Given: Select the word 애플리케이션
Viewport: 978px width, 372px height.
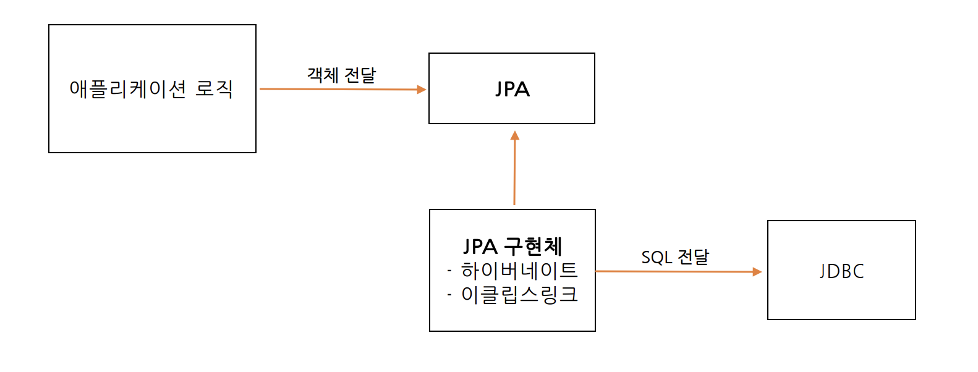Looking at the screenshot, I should [x=128, y=90].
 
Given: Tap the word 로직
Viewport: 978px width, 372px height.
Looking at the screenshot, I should [x=214, y=89].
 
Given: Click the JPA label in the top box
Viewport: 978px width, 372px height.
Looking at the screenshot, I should [x=512, y=89].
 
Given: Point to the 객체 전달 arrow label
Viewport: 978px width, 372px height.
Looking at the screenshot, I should [x=342, y=75].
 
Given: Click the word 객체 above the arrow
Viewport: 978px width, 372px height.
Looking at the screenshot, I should [x=323, y=75].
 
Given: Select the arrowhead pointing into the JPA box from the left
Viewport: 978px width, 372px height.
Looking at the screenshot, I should [x=422, y=90].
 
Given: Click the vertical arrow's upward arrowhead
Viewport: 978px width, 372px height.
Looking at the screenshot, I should [x=515, y=135].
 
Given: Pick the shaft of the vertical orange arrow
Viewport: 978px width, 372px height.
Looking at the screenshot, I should [x=514, y=173].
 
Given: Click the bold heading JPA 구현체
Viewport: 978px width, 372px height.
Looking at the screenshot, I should [x=512, y=247].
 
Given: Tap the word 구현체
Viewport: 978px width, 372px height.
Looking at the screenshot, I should [x=533, y=247].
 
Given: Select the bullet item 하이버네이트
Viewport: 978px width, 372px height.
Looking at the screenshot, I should [x=519, y=271].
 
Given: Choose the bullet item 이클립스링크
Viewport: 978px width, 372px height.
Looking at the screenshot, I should [x=519, y=295].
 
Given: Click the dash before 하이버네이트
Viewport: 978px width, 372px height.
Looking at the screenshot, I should [x=449, y=271].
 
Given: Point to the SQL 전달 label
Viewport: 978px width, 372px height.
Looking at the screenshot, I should [x=675, y=257].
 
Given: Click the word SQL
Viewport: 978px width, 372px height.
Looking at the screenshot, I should [x=656, y=257].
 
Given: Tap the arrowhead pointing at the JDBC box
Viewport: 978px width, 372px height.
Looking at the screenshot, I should [x=757, y=272].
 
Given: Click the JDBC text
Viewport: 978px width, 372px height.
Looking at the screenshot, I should [x=841, y=271].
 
